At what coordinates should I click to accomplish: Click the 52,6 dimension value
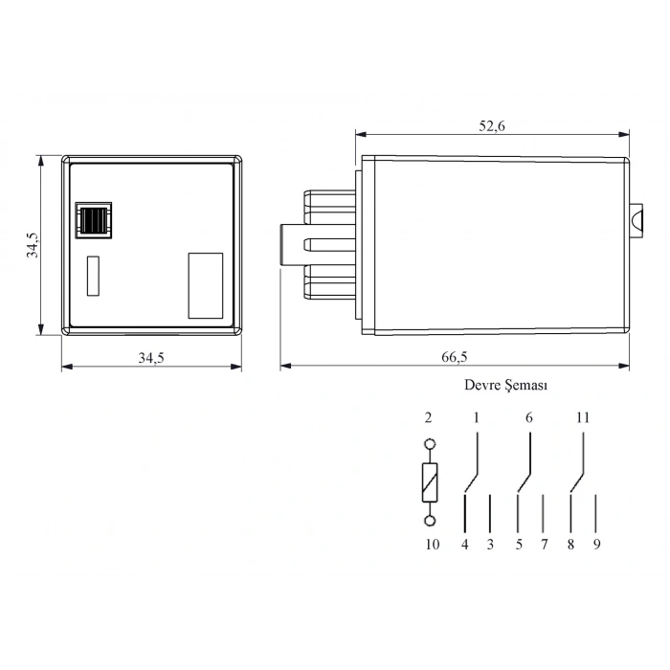(492, 125)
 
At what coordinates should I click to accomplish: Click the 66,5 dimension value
(455, 357)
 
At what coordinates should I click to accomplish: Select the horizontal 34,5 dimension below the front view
(151, 358)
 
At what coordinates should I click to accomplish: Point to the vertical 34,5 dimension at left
(33, 245)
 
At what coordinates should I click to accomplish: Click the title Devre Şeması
(505, 385)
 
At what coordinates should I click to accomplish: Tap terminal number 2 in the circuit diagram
(429, 418)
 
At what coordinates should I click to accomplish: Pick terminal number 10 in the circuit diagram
(431, 545)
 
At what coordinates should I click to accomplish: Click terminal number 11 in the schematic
(584, 418)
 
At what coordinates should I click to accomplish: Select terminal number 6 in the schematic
(529, 418)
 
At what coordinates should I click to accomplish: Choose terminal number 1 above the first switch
(476, 418)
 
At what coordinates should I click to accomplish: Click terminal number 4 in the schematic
(464, 545)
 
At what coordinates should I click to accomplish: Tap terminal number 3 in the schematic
(489, 545)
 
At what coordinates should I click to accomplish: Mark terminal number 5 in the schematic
(519, 545)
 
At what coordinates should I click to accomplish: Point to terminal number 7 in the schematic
(543, 545)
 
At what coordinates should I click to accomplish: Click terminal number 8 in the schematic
(570, 545)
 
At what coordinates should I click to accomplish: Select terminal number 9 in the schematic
(595, 545)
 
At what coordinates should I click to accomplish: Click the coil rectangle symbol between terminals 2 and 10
(430, 481)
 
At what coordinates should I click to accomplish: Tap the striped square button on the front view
(94, 221)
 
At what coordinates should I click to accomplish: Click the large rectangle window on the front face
(206, 285)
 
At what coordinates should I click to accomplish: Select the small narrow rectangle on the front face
(93, 276)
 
